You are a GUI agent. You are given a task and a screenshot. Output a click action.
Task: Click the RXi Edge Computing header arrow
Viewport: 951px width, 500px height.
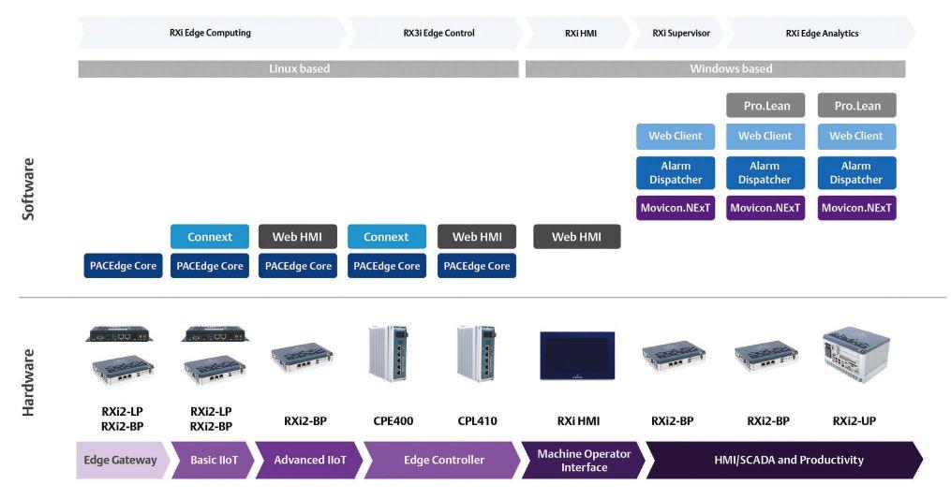[x=210, y=33]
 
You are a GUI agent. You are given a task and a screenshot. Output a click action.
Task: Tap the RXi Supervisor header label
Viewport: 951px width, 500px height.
[x=681, y=33]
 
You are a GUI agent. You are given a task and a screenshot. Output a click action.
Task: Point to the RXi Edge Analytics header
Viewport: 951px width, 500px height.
[x=822, y=33]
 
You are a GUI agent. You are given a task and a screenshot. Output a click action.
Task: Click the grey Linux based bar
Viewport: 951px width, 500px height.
[x=299, y=69]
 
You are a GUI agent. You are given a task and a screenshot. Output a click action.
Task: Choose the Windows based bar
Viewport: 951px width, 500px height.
[x=716, y=69]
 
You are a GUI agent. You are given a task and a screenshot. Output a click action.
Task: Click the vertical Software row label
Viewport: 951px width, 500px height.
[x=28, y=189]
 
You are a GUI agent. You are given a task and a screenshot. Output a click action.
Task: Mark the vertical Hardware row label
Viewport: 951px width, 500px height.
[x=28, y=382]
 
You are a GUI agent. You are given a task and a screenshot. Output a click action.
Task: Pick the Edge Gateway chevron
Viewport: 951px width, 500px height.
[x=120, y=460]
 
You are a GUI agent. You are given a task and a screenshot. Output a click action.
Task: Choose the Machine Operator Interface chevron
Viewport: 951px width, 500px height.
[x=583, y=460]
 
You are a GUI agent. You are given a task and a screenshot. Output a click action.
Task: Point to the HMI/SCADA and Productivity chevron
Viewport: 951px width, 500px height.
[x=787, y=460]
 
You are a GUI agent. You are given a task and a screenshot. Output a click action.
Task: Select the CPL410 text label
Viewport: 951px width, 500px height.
[x=476, y=420]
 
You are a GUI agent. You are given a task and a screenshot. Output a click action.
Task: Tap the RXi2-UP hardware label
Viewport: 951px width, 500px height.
[x=855, y=420]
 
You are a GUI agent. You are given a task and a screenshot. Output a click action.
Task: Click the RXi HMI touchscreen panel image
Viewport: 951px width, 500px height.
[x=576, y=357]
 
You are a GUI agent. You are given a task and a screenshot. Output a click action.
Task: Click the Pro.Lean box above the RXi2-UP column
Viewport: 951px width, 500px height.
[x=856, y=105]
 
